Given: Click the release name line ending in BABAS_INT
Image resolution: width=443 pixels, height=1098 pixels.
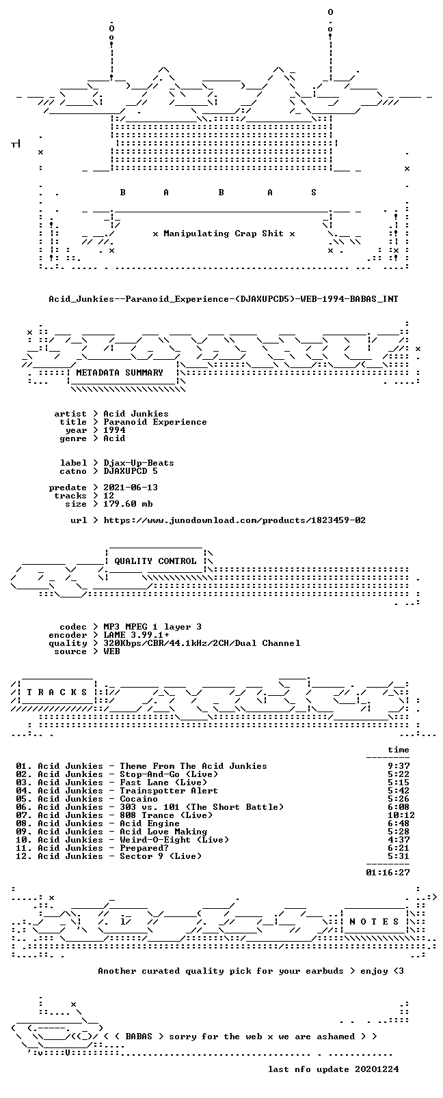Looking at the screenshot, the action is pos(224,298).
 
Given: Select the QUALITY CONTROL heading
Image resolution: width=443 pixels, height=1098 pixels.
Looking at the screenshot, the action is pos(155,561).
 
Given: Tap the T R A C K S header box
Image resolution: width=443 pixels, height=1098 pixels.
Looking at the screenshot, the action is pos(57,692).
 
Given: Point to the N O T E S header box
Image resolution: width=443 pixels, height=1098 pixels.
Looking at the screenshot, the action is pos(375,922).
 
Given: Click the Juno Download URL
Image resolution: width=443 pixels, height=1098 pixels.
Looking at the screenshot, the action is pos(234,520).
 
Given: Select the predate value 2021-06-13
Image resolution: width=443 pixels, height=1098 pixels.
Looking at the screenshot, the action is pos(131,488).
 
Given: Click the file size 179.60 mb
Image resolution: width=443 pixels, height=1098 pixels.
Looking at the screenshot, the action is pos(128,504).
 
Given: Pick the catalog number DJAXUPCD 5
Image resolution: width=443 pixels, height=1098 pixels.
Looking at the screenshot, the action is pos(131,471).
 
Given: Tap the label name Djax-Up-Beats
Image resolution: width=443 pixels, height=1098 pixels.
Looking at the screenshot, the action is pos(139,463).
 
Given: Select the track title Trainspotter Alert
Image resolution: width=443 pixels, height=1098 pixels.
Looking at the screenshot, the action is pos(169,791).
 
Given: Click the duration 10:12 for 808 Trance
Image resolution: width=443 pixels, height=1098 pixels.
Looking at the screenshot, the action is pos(401,815).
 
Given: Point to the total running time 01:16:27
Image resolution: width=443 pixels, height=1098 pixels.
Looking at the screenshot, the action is pos(388,873).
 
